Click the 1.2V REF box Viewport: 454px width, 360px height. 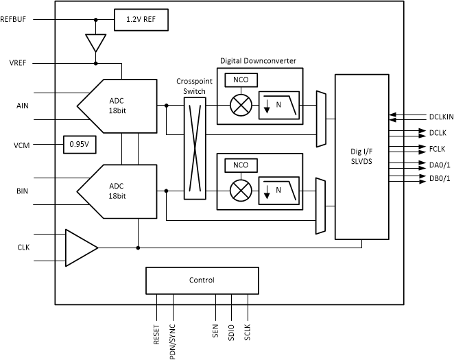pyautogui.click(x=141, y=19)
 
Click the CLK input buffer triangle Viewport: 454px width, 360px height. pyautogui.click(x=80, y=247)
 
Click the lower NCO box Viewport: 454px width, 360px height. pyautogui.click(x=241, y=165)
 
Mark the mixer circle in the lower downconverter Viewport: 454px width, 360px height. pyautogui.click(x=241, y=191)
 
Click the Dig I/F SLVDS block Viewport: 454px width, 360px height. pyautogui.click(x=359, y=156)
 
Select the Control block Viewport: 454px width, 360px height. pyautogui.click(x=202, y=280)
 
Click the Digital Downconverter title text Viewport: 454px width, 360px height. pyautogui.click(x=258, y=60)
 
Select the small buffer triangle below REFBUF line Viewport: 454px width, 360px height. pyautogui.click(x=95, y=42)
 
